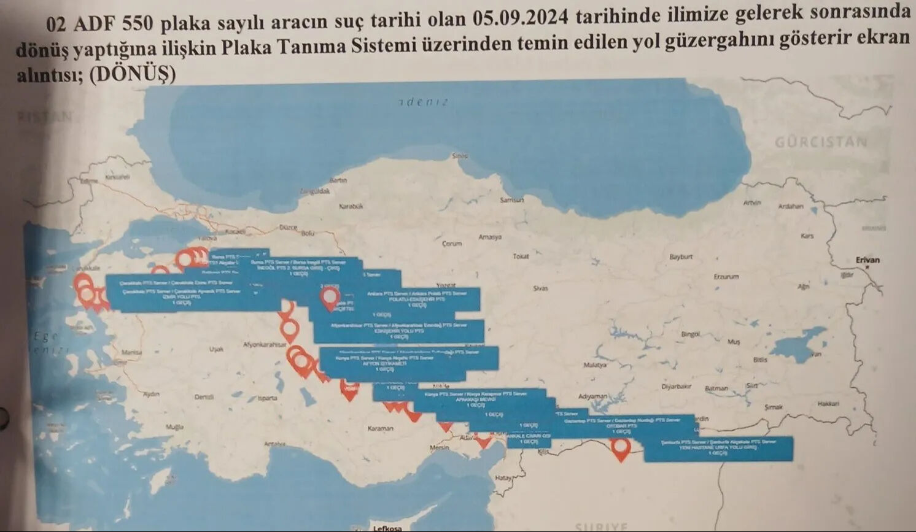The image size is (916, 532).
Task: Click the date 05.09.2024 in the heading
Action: (521, 18)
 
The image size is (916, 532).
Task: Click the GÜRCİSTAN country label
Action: (820, 142)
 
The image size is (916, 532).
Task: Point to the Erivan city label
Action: (867, 260)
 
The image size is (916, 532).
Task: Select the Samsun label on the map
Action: (511, 200)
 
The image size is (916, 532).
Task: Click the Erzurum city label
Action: (726, 277)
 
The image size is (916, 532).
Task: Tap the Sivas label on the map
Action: (540, 288)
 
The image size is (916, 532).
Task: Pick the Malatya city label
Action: (594, 365)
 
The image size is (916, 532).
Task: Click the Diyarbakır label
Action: (676, 387)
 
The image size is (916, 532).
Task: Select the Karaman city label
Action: (380, 428)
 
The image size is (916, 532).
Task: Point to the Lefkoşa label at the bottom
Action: (387, 528)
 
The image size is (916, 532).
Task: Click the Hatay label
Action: (503, 477)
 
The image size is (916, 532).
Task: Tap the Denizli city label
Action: (204, 397)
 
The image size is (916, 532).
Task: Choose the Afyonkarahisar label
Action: (265, 345)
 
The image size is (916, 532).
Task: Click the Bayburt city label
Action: (680, 256)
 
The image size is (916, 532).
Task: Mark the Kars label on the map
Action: (807, 236)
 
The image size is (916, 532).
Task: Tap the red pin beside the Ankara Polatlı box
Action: (331, 298)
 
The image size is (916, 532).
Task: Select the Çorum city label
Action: (451, 244)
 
